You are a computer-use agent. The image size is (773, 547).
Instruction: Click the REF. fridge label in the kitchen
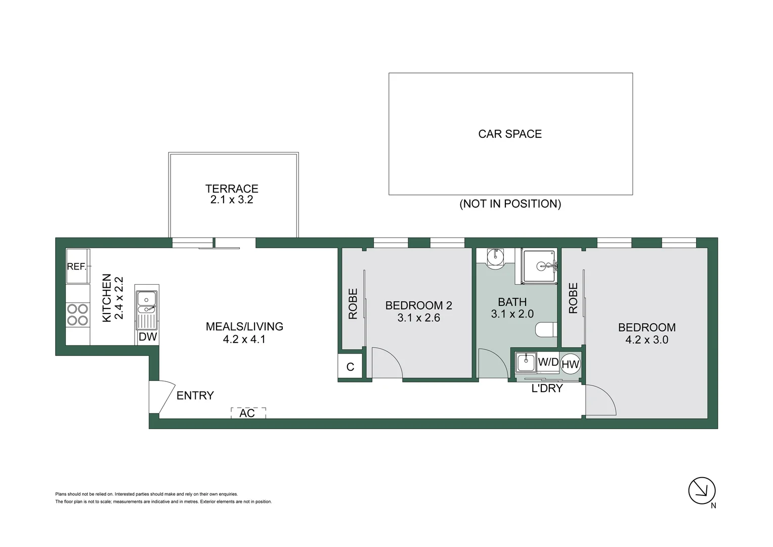tap(77, 266)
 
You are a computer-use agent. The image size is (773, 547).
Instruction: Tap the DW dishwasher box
tap(147, 337)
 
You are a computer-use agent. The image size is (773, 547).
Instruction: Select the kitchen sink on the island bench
tap(147, 303)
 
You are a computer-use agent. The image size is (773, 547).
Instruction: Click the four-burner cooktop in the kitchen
tap(77, 314)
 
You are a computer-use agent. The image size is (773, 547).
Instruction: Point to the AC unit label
tap(247, 413)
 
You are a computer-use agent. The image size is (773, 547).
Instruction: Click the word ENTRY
tap(195, 396)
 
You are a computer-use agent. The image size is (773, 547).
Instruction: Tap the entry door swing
tap(163, 396)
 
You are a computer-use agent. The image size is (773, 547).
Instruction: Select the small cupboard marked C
tap(350, 367)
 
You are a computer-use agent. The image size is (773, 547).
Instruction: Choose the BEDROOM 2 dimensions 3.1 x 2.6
tap(418, 318)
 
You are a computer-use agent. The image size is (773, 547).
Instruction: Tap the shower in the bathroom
tap(540, 266)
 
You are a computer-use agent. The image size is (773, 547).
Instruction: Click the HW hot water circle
tap(570, 364)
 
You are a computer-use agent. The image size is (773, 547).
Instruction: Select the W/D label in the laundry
tap(548, 362)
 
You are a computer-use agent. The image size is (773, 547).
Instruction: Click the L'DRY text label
tap(547, 388)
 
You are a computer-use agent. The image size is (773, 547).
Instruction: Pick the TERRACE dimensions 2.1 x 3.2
tap(232, 200)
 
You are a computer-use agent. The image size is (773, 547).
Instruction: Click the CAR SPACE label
tap(510, 134)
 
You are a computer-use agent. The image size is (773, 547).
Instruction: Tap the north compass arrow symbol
tap(702, 490)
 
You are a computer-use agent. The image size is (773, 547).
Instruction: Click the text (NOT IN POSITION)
tap(510, 204)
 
